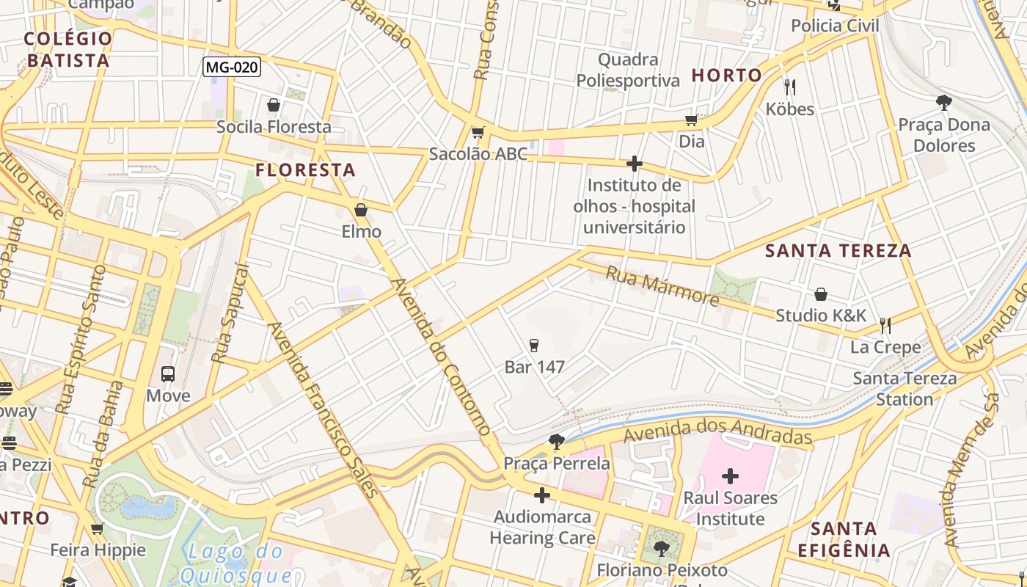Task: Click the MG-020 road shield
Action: pyautogui.click(x=231, y=68)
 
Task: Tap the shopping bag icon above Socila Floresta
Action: pyautogui.click(x=274, y=106)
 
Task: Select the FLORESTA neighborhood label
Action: pyautogui.click(x=305, y=170)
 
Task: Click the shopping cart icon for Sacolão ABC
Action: pyautogui.click(x=478, y=133)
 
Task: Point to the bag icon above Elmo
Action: pyautogui.click(x=361, y=211)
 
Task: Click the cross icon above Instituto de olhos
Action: pyautogui.click(x=635, y=164)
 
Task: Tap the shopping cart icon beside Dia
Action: pyautogui.click(x=691, y=120)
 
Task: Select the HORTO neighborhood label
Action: pyautogui.click(x=727, y=75)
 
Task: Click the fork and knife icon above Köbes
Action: pyautogui.click(x=790, y=87)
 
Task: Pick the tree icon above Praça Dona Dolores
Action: pyautogui.click(x=944, y=103)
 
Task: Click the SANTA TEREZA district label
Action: pyautogui.click(x=838, y=250)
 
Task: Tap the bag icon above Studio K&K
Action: pyautogui.click(x=821, y=294)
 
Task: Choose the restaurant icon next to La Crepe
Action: pyautogui.click(x=885, y=325)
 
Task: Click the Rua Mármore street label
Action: pyautogui.click(x=662, y=285)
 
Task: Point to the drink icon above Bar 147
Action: pyautogui.click(x=534, y=345)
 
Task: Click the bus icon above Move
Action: pyautogui.click(x=168, y=374)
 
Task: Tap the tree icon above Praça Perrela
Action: pyautogui.click(x=556, y=442)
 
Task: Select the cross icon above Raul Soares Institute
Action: pyautogui.click(x=730, y=477)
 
